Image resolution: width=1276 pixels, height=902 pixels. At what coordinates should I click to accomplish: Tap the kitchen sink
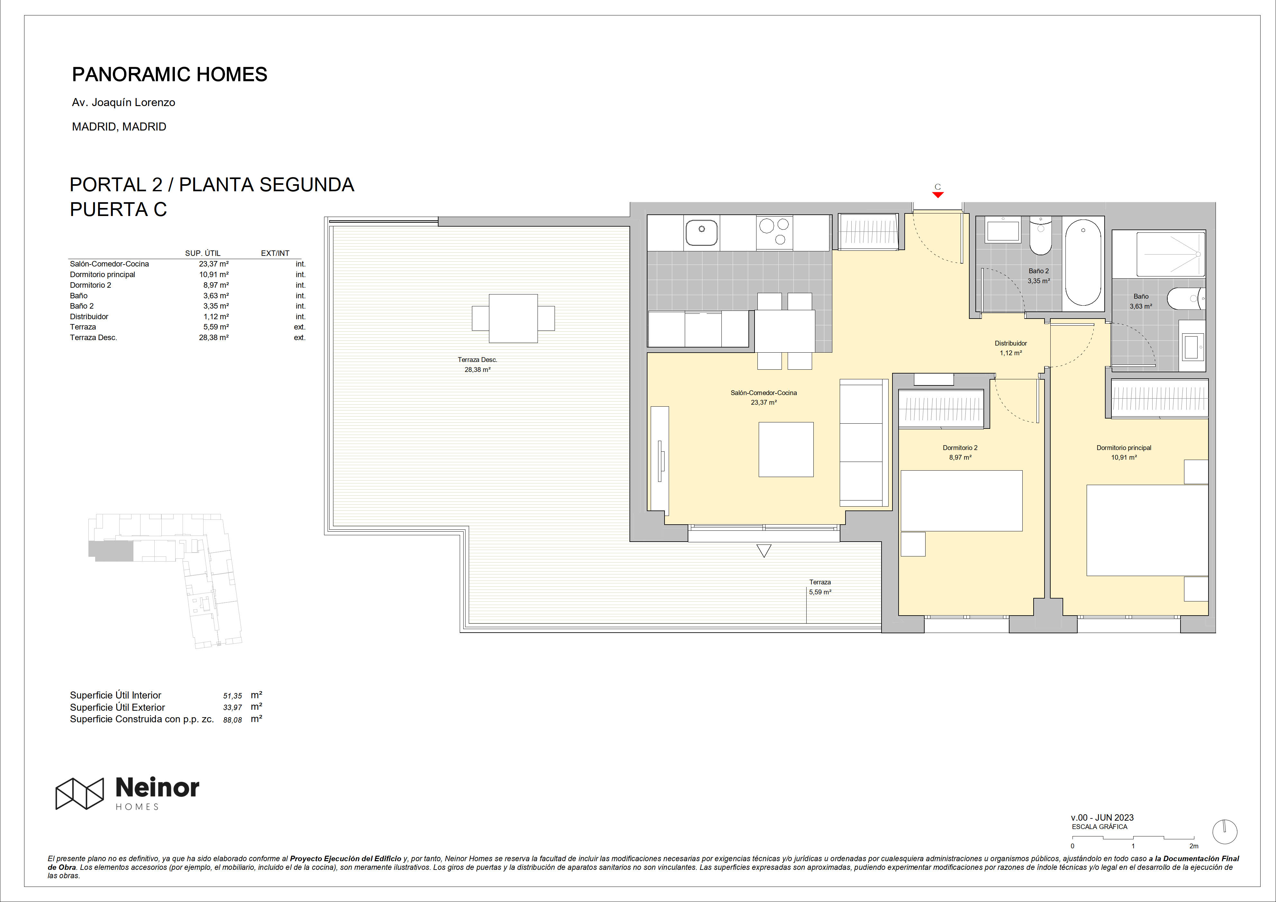(701, 232)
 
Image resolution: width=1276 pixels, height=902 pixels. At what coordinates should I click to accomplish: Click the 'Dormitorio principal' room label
(1124, 448)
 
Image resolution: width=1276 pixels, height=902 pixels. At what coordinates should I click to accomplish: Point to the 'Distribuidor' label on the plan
(1011, 343)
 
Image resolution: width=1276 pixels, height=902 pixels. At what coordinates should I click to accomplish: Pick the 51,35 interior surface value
(232, 696)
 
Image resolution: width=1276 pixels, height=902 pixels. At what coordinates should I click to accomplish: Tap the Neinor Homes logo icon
(79, 793)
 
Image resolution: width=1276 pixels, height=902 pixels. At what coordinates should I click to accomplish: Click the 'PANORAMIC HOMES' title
(169, 75)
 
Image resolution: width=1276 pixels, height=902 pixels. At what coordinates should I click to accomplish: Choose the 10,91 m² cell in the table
(214, 275)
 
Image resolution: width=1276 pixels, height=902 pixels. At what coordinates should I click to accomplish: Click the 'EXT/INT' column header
(275, 253)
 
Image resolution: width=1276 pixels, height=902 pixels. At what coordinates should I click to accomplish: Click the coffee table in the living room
(786, 450)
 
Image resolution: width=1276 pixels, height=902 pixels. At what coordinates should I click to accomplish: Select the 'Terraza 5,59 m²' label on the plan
(820, 587)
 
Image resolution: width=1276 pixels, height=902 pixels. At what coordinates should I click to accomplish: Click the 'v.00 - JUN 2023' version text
(1102, 817)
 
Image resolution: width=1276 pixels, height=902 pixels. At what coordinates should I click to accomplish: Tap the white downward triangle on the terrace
(764, 551)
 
